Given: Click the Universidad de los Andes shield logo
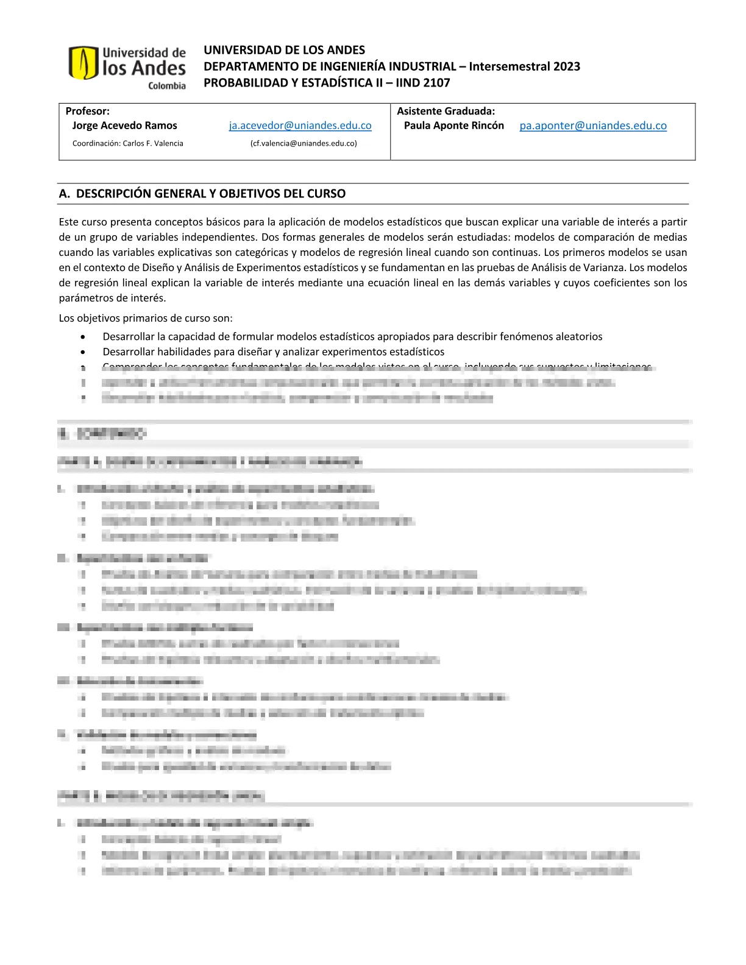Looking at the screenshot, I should pos(83,62).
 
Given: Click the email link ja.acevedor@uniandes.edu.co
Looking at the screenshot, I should pos(300,125).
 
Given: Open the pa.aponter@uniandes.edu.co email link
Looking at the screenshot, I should pos(593,125).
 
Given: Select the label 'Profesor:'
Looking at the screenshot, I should pos(88,111).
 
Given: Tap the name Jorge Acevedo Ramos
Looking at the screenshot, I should pos(124,125).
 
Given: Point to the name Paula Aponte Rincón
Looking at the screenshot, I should pos(453,125).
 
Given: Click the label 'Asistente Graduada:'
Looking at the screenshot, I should pos(446,111).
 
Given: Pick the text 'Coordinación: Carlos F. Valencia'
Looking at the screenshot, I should pos(127,144).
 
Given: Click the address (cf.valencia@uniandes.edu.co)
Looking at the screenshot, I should pos(304,144).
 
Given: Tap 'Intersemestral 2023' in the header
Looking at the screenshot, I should pos(524,66).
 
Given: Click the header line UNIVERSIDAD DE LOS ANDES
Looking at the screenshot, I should pos(284,50).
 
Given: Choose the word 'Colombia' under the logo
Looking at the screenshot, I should pos(167,86).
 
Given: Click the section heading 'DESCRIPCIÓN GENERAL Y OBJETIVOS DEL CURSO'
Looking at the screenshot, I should pos(211,194).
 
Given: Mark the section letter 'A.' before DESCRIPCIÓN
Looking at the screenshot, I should pos(65,194).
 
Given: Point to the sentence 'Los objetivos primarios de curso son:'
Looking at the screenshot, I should pos(146,318).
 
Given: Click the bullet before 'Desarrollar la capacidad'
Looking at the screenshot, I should pos(83,337).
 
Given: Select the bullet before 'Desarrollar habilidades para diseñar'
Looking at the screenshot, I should pos(83,352).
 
